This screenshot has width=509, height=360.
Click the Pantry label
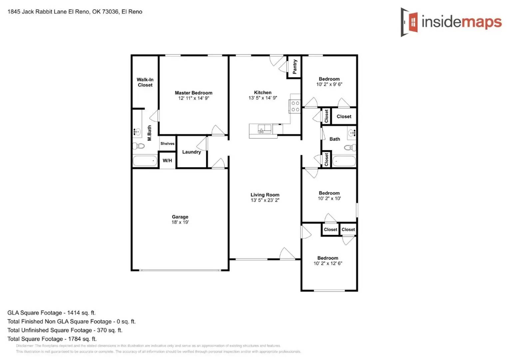click(294, 67)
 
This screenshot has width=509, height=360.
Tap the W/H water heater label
click(167, 161)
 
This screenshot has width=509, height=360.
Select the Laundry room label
click(191, 152)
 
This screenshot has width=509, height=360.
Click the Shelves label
click(167, 144)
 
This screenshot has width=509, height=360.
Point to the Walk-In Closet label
click(145, 82)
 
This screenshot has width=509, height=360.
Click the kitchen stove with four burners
click(295, 106)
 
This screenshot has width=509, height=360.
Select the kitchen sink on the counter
click(264, 129)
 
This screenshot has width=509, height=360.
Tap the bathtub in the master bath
click(145, 161)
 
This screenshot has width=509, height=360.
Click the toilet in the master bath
click(139, 146)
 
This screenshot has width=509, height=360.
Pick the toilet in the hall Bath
click(350, 147)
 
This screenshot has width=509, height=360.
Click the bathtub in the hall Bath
click(344, 161)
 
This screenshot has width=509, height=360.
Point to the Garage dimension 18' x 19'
click(180, 222)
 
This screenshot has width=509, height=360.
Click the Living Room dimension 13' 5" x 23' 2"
click(265, 200)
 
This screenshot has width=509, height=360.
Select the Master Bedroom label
click(194, 93)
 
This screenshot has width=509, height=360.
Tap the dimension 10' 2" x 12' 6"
click(328, 263)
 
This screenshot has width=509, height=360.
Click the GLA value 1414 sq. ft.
click(81, 313)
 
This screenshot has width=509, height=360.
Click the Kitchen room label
click(262, 93)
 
